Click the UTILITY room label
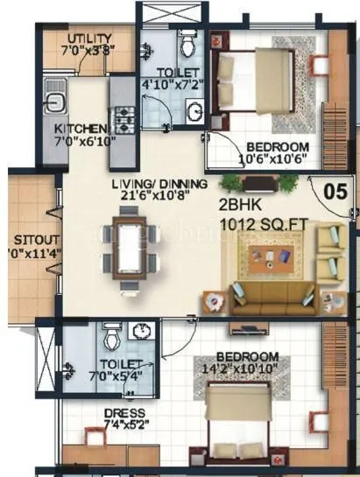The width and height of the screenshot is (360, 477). [x=88, y=39]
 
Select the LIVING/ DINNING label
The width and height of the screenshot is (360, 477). [x=159, y=184]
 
